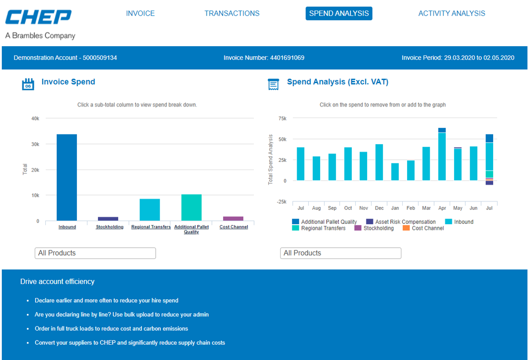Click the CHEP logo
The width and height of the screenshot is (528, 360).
(x=38, y=17)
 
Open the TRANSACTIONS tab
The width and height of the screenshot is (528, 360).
(x=232, y=13)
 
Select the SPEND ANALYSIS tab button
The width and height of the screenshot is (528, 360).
(x=339, y=13)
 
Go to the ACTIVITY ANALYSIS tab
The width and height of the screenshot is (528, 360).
(x=451, y=13)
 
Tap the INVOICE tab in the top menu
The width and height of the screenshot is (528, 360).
(x=140, y=13)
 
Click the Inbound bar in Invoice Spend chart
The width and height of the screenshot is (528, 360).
(x=67, y=178)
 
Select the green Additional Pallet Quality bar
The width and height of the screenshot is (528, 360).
(x=191, y=208)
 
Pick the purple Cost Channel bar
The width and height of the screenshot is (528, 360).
(x=233, y=219)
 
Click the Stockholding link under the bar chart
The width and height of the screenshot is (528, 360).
(x=110, y=227)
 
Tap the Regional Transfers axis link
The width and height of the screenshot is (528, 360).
(x=151, y=227)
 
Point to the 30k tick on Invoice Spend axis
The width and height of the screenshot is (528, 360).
(x=35, y=144)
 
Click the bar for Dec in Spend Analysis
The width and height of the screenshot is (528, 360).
(x=379, y=162)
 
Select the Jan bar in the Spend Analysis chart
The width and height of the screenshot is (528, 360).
(x=395, y=172)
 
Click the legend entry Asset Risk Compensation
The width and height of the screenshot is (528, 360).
(x=401, y=222)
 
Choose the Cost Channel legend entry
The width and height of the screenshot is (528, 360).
(x=423, y=228)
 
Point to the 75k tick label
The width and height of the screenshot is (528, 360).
(x=282, y=118)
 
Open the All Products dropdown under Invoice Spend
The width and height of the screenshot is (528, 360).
(x=95, y=253)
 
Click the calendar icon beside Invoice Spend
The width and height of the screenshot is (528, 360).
(x=28, y=84)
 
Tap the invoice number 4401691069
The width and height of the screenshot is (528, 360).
(x=287, y=58)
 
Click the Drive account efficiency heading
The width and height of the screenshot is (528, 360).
(x=57, y=282)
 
